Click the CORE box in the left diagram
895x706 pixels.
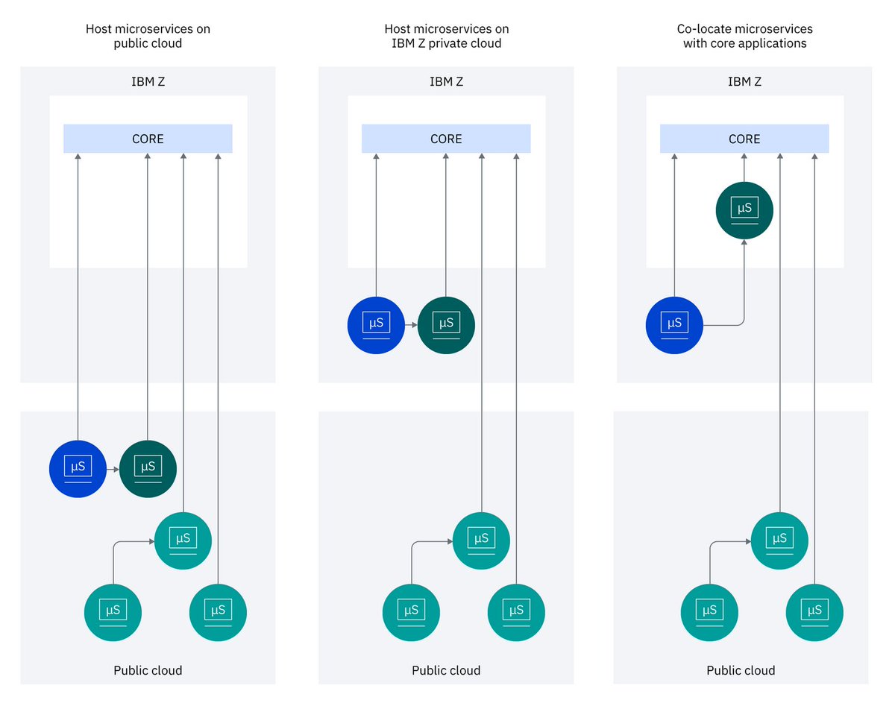[148, 139]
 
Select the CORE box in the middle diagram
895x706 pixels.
[446, 139]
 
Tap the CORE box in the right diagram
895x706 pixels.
[744, 139]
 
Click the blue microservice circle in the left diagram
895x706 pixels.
[78, 469]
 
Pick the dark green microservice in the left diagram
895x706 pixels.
[148, 469]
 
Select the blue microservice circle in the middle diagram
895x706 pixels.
[376, 325]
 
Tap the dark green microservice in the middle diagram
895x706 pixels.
[446, 325]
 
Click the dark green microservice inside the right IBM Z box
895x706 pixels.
[744, 210]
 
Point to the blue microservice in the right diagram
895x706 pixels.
[674, 325]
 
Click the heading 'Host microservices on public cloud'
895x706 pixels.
[148, 36]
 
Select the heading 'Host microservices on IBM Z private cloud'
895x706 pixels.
[446, 36]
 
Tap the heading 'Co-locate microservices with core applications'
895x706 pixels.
[744, 36]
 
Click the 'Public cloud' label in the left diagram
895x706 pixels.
[148, 670]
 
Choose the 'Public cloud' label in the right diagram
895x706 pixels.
[741, 670]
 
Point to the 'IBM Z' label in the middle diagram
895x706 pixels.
[446, 81]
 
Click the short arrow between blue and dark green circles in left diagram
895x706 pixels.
[113, 470]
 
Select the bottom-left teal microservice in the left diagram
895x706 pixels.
[113, 613]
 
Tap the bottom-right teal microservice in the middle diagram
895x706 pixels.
[516, 613]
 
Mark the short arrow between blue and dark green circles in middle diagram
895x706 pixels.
[411, 326]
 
